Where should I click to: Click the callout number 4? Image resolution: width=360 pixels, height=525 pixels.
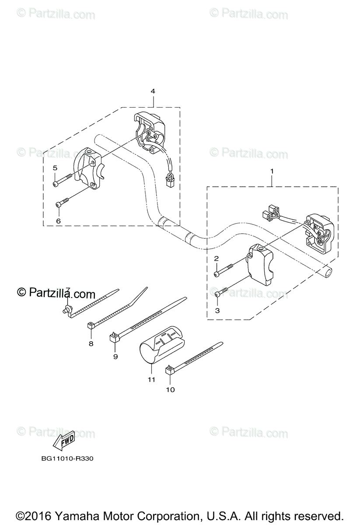(153, 91)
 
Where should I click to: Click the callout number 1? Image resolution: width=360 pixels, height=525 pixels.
(272, 171)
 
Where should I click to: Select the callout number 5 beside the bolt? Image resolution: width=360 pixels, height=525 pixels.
(55, 168)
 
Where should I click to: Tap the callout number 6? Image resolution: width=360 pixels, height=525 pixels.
(58, 221)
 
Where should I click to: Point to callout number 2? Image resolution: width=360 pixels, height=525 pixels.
(216, 259)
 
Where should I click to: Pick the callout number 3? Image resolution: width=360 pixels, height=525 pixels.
(217, 310)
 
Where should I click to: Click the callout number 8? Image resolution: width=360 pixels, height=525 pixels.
(91, 343)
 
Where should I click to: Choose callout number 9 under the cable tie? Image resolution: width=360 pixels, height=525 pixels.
(115, 357)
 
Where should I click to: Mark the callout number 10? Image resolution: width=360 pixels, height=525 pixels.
(170, 389)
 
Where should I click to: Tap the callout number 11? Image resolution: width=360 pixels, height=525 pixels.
(151, 379)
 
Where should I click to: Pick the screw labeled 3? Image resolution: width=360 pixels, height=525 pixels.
(222, 291)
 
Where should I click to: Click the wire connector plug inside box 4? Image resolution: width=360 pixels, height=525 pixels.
(169, 179)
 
